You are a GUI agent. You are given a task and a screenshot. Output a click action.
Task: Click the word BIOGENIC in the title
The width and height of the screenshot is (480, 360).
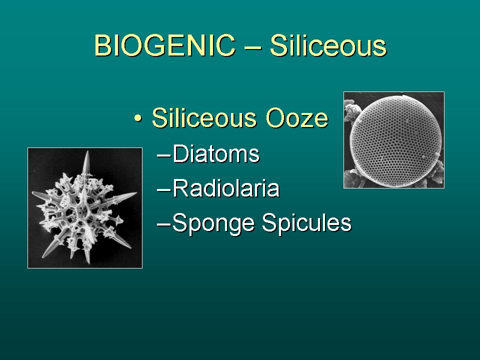[x=164, y=45]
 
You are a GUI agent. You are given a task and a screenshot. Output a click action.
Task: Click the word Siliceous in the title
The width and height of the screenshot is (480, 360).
[x=328, y=45]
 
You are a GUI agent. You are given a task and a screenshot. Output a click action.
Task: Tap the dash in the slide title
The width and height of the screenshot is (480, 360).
[x=252, y=47]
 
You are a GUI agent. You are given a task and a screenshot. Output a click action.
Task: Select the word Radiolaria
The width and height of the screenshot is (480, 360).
[x=226, y=188]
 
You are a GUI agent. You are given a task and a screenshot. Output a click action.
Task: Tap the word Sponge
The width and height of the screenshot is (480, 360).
[x=213, y=223]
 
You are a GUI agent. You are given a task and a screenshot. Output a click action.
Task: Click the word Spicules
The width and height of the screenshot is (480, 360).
[x=306, y=223]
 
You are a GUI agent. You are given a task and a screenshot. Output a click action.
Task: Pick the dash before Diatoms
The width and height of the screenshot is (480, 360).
[x=164, y=155]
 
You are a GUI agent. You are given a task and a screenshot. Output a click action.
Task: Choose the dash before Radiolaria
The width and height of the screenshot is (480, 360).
[x=164, y=190]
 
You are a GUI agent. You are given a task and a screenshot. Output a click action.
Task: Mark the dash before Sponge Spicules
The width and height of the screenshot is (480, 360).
[x=164, y=224]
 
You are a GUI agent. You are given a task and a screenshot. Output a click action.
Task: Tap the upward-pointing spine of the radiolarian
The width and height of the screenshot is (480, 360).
[x=86, y=164]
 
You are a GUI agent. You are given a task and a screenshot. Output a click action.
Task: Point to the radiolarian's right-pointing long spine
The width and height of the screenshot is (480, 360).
[x=121, y=198]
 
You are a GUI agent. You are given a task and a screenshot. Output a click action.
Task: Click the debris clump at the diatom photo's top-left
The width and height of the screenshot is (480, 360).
[x=351, y=110]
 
